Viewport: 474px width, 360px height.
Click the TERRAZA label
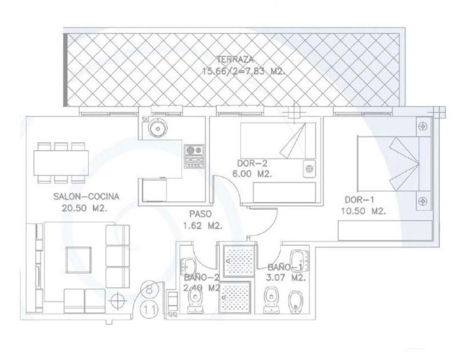tap(235, 59)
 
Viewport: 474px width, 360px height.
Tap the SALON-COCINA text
tap(86, 196)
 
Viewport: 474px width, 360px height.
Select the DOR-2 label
tap(252, 164)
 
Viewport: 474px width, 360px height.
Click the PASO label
tap(200, 214)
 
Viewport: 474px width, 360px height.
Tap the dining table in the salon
tap(61, 163)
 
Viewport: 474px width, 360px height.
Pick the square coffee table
tap(79, 260)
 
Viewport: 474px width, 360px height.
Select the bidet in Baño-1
tap(295, 302)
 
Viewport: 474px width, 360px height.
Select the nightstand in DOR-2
tap(309, 169)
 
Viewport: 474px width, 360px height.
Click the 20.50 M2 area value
tap(84, 208)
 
